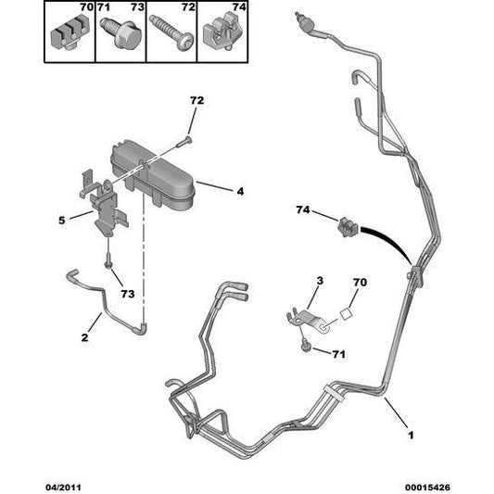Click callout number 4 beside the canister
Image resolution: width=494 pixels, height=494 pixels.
tap(240, 191)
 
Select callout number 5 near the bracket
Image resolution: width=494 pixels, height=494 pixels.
tap(62, 221)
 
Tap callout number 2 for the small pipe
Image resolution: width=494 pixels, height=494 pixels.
tap(84, 337)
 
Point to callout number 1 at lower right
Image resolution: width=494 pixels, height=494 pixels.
tap(411, 435)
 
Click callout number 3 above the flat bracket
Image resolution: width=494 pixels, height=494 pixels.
tap(320, 281)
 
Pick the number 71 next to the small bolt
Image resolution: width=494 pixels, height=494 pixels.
tap(338, 354)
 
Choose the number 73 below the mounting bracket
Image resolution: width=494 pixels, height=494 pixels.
tap(128, 294)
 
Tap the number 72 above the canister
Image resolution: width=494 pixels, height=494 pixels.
tap(196, 100)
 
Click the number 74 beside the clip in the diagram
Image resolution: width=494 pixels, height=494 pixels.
tap(303, 209)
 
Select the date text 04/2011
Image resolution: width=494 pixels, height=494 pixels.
tap(63, 488)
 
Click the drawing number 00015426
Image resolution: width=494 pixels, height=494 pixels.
tap(427, 488)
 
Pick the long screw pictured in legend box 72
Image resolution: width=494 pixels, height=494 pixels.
tap(171, 32)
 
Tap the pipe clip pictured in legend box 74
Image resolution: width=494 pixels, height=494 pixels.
tap(222, 32)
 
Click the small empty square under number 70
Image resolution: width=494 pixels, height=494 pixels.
tap(346, 314)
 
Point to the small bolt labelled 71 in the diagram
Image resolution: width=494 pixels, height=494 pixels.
tap(305, 345)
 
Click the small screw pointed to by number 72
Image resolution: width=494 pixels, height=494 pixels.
tap(184, 142)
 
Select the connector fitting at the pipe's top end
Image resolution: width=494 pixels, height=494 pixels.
tap(303, 23)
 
